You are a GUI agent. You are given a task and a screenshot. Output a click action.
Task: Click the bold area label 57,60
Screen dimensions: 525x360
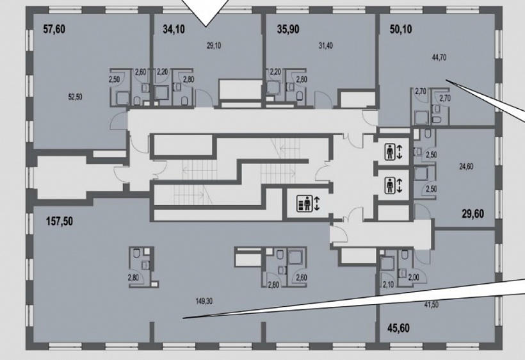(54, 29)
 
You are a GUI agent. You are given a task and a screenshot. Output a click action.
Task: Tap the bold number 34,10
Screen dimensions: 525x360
(174, 29)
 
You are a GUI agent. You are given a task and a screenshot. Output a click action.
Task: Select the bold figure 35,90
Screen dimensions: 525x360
(288, 29)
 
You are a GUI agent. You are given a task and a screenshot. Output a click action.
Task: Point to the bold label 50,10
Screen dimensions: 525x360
(401, 29)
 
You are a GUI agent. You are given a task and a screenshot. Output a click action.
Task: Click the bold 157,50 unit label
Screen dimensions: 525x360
(60, 222)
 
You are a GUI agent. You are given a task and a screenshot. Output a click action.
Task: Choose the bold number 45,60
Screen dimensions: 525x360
(398, 328)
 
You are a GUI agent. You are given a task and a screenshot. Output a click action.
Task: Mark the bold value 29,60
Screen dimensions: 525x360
(472, 213)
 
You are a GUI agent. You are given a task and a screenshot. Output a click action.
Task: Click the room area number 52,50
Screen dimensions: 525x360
(75, 97)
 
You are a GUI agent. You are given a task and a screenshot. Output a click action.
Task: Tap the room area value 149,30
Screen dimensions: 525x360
(204, 302)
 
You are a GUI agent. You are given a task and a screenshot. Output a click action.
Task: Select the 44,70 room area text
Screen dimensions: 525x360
(439, 57)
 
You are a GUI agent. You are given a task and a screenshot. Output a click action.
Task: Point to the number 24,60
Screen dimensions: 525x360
(466, 167)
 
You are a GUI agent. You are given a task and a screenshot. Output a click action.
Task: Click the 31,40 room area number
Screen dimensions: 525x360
(325, 45)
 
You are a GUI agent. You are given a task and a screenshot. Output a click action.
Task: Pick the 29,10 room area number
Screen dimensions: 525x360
(214, 45)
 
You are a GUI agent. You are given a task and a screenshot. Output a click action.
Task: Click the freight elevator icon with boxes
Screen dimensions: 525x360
(304, 203)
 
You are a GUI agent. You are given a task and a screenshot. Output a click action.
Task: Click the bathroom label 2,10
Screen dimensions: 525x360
(388, 284)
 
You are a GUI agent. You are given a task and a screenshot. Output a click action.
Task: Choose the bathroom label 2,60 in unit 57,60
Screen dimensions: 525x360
(141, 72)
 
